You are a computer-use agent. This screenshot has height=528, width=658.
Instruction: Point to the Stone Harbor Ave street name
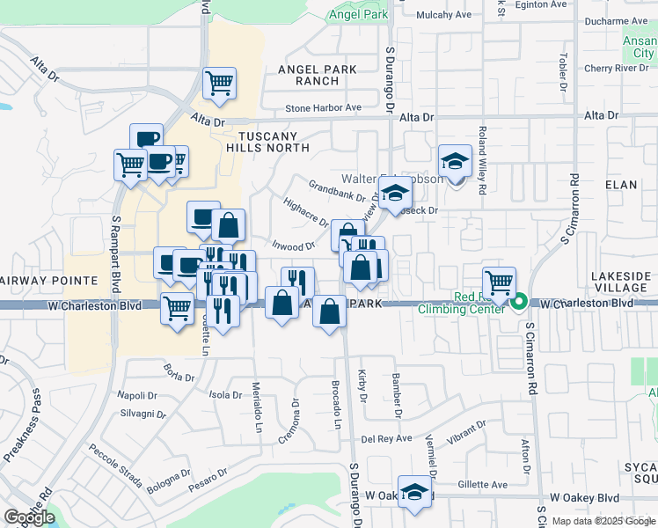point(323,108)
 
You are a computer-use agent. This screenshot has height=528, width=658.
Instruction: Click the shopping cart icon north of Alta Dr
point(219,84)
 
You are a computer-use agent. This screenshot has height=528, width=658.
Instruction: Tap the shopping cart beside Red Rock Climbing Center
point(499,282)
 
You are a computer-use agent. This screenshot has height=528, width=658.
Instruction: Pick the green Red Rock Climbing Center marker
point(519,303)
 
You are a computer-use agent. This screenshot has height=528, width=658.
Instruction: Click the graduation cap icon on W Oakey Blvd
point(414,491)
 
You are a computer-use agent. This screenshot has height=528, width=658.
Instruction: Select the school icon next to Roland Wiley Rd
point(455,161)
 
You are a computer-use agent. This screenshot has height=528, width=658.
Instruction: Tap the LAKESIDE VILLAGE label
point(621,282)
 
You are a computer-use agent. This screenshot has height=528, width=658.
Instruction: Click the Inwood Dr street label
point(293,247)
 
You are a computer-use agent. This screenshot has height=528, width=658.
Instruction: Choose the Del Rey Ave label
point(387,438)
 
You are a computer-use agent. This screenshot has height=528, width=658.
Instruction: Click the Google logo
point(29,517)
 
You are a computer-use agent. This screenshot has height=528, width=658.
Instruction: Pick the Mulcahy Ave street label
point(445,15)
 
